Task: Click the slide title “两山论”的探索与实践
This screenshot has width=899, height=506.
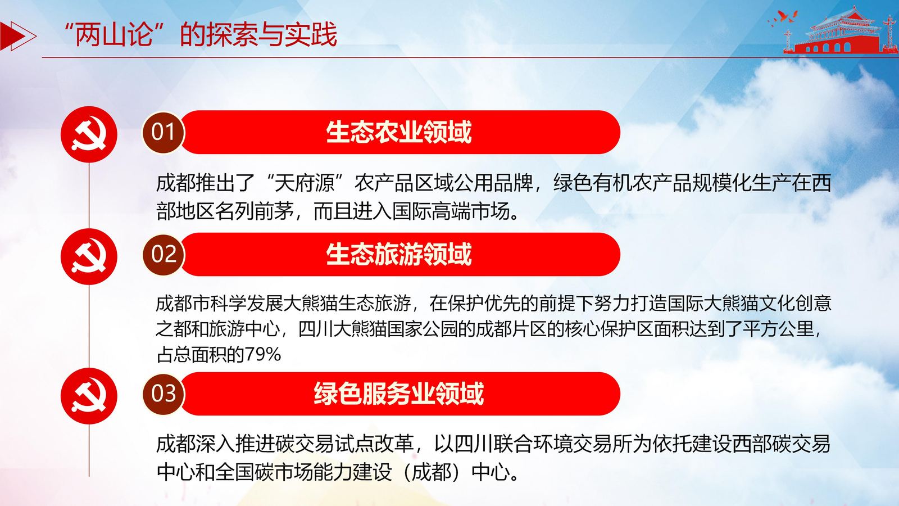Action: click(201, 34)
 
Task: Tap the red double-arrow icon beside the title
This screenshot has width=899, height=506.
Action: click(17, 37)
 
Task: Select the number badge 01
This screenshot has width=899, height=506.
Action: click(163, 132)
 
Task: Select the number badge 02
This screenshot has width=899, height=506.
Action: click(163, 254)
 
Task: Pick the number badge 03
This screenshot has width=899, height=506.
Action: click(163, 394)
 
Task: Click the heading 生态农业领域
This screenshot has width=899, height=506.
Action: click(398, 132)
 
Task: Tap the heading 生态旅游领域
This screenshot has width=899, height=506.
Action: click(398, 254)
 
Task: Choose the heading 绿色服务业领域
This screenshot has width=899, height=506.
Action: click(398, 394)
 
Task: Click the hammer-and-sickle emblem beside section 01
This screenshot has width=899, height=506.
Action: click(89, 134)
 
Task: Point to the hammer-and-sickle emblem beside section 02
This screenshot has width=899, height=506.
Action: click(89, 256)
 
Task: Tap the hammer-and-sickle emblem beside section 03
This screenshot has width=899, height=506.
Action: click(89, 396)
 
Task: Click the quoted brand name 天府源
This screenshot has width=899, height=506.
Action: click(305, 183)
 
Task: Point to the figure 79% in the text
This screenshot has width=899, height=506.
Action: click(262, 355)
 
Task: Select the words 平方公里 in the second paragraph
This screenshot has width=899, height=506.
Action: click(778, 329)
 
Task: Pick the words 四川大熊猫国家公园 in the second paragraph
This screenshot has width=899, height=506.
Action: click(378, 329)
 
